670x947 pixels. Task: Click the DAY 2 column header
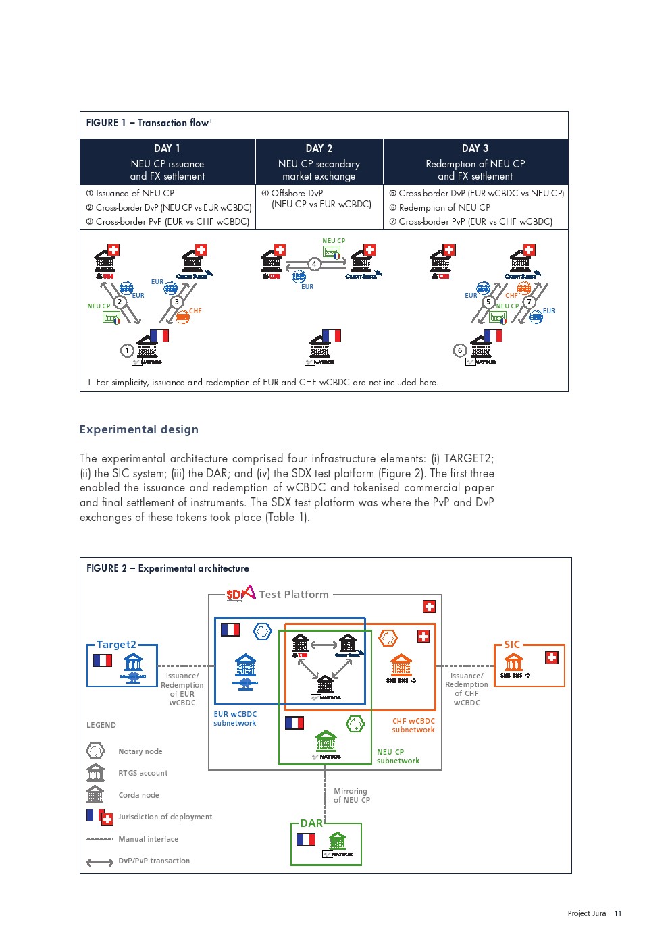click(319, 148)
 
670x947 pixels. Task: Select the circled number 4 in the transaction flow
click(314, 264)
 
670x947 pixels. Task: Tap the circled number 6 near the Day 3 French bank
click(460, 350)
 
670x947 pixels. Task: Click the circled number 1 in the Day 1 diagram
click(127, 350)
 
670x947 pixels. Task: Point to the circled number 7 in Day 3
click(529, 302)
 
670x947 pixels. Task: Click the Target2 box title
click(116, 645)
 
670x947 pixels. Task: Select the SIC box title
click(512, 645)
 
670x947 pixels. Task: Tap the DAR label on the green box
click(311, 823)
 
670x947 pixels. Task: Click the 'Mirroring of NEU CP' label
click(351, 795)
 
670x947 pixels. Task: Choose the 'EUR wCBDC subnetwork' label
click(235, 718)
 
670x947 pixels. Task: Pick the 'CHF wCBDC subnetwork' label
click(413, 725)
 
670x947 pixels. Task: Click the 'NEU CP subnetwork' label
click(398, 756)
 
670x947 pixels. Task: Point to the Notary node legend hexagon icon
click(96, 751)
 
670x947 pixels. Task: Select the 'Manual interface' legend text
click(149, 839)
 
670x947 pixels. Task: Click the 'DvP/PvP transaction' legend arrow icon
click(100, 861)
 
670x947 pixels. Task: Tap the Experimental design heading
click(139, 429)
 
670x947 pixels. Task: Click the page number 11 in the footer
click(617, 913)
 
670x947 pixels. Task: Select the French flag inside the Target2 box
click(103, 660)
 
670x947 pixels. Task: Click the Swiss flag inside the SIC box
click(552, 657)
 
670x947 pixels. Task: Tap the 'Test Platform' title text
click(294, 595)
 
